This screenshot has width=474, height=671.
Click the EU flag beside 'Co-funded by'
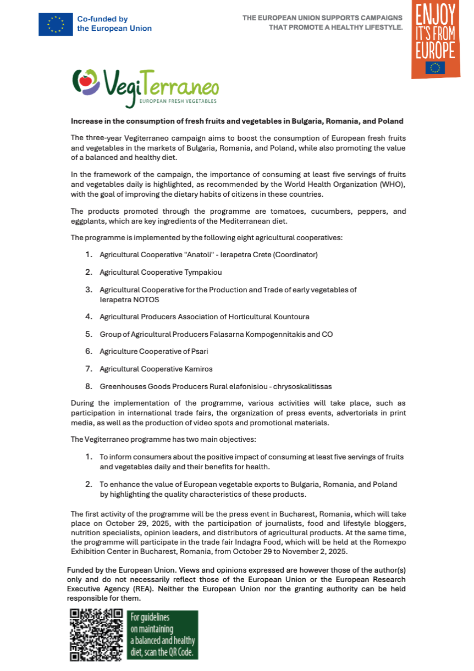[56, 24]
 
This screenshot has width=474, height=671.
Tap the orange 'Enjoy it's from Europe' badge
[436, 39]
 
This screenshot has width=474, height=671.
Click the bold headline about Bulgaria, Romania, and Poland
[237, 121]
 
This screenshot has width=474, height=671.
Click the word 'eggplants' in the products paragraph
[87, 221]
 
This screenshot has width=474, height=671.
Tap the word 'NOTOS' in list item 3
[147, 300]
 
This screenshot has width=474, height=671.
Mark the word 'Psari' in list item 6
[199, 351]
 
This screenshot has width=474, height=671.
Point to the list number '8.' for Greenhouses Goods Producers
[89, 386]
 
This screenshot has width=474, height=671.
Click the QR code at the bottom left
[96, 635]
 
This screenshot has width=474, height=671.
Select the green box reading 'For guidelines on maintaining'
[163, 635]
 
